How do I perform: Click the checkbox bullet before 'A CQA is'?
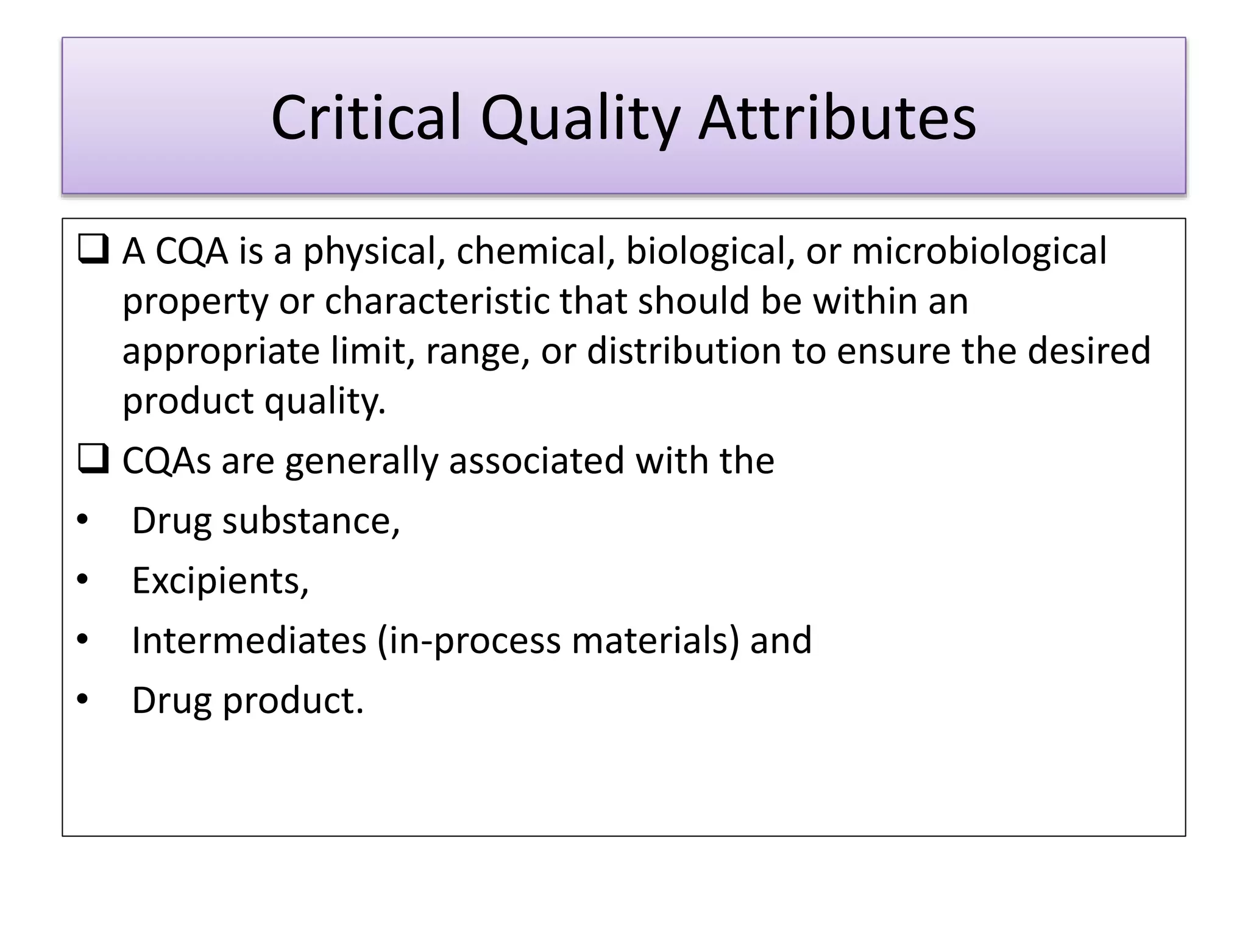[93, 250]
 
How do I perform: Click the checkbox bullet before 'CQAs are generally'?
[93, 459]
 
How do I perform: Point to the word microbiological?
[979, 251]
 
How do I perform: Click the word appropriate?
[221, 352]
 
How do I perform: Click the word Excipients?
[220, 581]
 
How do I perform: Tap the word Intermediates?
[249, 640]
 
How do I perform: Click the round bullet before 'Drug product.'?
[82, 700]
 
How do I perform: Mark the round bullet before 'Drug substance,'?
[82, 521]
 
